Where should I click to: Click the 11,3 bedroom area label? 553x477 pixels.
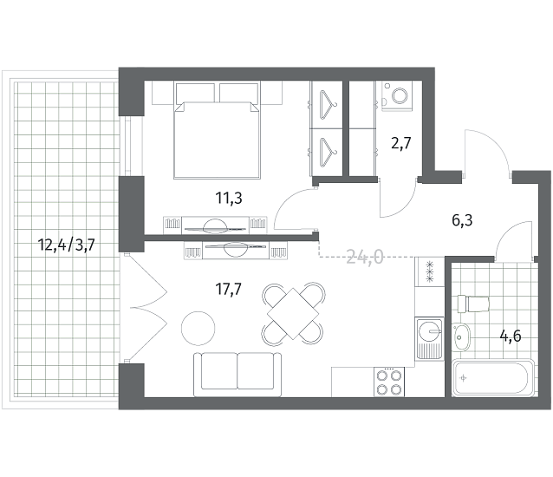(x=229, y=199)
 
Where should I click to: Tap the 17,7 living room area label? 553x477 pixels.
(x=229, y=290)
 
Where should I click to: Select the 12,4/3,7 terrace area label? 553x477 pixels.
(x=67, y=245)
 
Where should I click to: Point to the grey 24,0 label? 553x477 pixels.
(x=365, y=257)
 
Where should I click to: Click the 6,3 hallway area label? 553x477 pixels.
(x=462, y=220)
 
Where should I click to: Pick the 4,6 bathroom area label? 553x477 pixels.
(x=511, y=337)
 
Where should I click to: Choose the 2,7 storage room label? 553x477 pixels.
(x=401, y=144)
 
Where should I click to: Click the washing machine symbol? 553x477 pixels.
(x=397, y=96)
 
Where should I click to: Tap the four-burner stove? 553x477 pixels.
(x=389, y=382)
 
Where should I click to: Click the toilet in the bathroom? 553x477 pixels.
(x=473, y=304)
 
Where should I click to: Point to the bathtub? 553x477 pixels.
(x=493, y=378)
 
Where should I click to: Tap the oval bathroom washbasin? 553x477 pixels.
(x=461, y=337)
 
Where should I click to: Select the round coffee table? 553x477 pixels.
(x=198, y=328)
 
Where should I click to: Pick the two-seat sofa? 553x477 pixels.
(x=237, y=375)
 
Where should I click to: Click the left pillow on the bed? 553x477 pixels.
(x=195, y=94)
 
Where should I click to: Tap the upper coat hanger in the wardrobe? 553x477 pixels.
(x=327, y=105)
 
